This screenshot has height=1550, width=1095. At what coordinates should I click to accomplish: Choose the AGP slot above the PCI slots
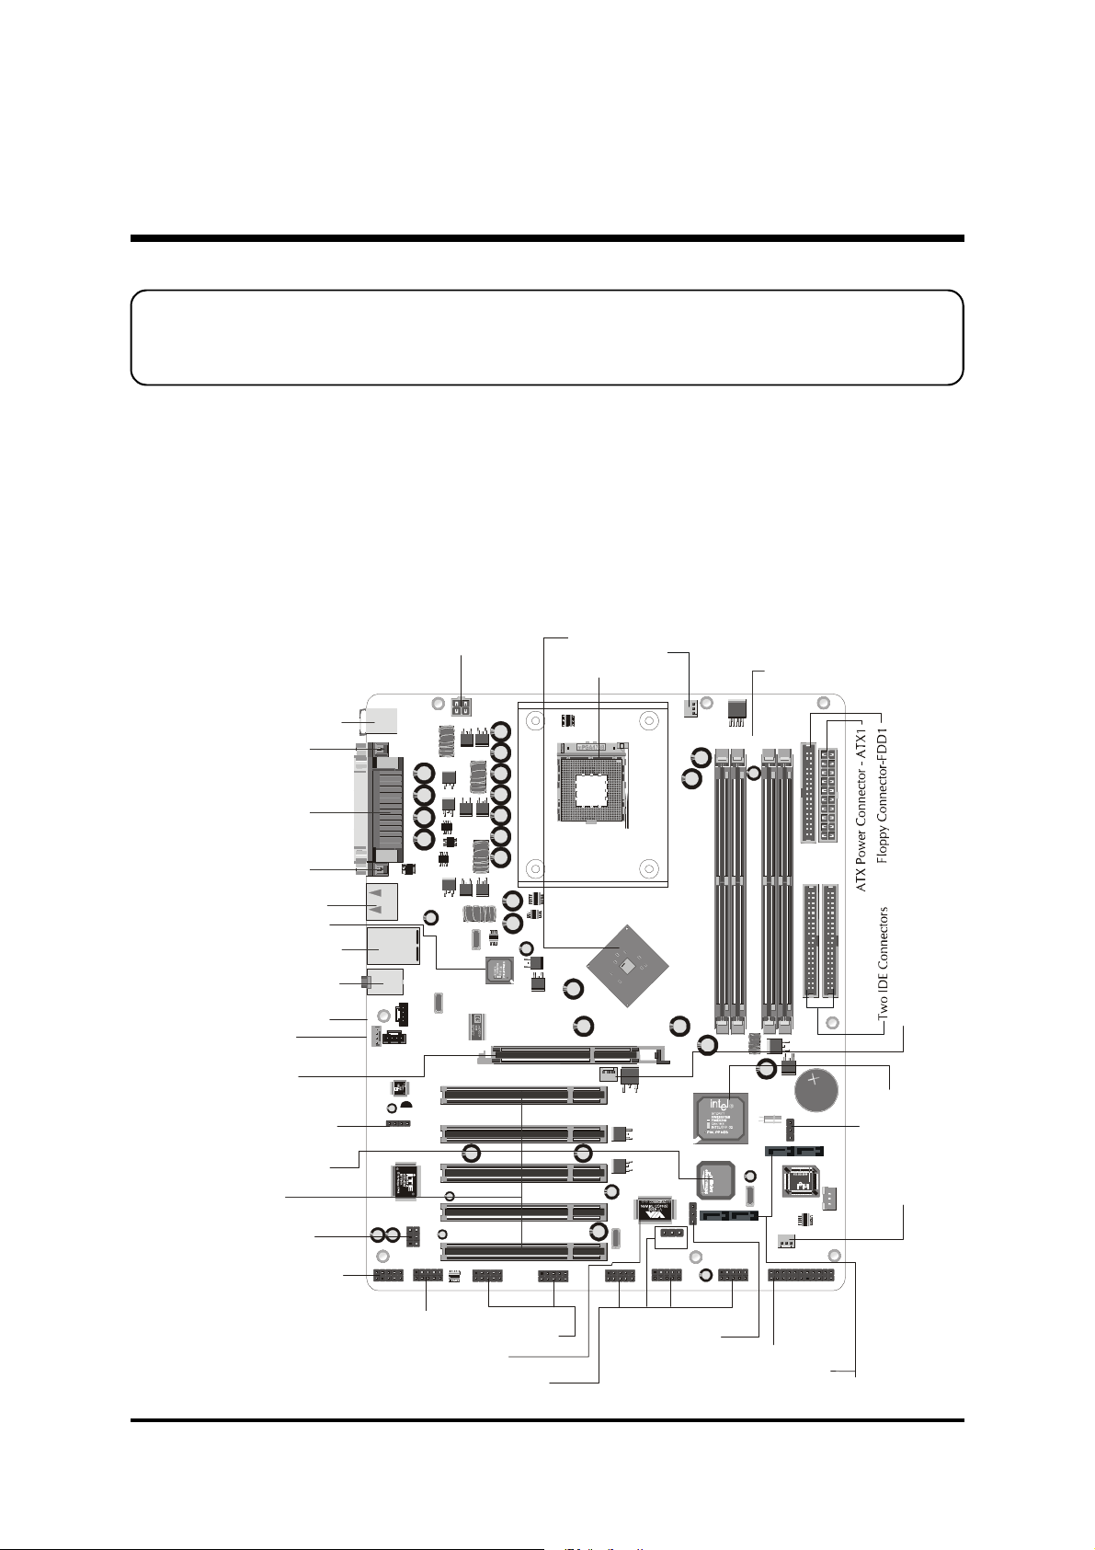pos(565,1052)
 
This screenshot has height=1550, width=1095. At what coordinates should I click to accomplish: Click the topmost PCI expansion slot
pos(523,1095)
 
